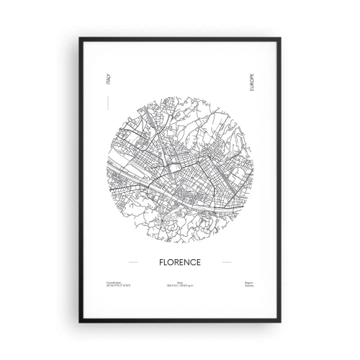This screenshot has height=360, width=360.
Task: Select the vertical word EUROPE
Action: click(251, 81)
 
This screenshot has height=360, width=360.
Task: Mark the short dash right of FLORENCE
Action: click(228, 254)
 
